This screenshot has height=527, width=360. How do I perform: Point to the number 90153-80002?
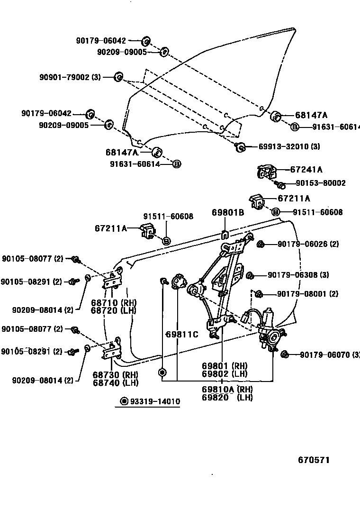(x=321, y=183)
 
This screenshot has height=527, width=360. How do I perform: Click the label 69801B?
(x=228, y=213)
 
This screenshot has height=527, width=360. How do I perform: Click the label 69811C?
(x=181, y=334)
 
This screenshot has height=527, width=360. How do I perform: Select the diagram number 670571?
(x=314, y=460)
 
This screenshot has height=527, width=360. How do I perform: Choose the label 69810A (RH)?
(x=227, y=390)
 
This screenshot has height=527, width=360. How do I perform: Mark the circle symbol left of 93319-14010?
(x=124, y=402)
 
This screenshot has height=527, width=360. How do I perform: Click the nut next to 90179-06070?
(x=285, y=354)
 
